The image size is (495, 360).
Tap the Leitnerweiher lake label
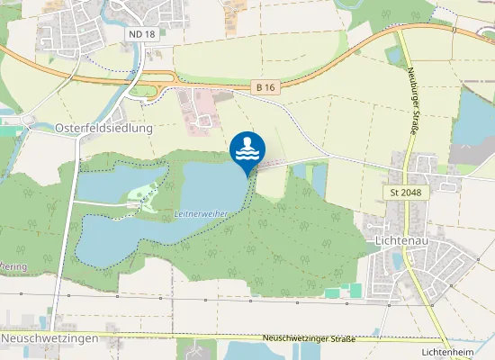coord(200,213)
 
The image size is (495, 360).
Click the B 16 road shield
coord(264,87)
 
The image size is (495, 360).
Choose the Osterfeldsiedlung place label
coord(104,129)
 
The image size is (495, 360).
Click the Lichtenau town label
coord(402,241)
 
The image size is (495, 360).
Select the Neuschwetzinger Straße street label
coord(308,338)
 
